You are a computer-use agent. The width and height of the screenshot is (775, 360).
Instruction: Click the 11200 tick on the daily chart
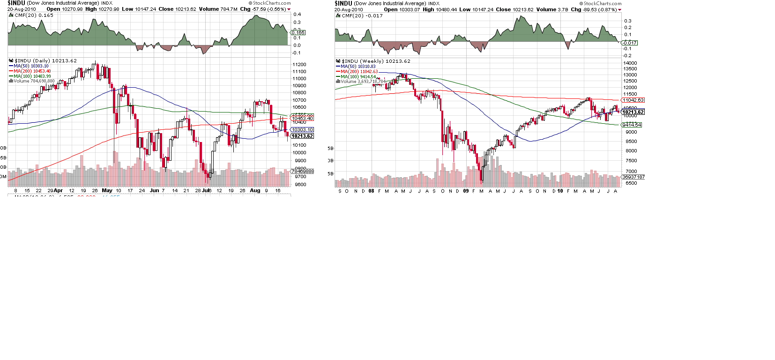click(x=299, y=65)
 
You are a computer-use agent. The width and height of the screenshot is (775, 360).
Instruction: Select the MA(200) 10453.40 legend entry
click(x=32, y=71)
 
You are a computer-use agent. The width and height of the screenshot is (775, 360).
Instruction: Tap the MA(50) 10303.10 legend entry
click(x=31, y=66)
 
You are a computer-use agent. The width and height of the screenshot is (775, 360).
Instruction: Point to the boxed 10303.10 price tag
click(x=302, y=130)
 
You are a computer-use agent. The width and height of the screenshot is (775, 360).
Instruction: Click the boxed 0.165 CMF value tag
click(x=298, y=33)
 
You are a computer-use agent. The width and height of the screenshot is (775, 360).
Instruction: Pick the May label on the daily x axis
click(x=107, y=191)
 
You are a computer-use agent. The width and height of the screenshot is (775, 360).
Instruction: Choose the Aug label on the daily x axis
click(x=255, y=191)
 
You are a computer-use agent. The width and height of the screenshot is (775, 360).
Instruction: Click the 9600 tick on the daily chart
click(x=300, y=185)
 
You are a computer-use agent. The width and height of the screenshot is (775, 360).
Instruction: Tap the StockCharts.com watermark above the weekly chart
click(x=602, y=3)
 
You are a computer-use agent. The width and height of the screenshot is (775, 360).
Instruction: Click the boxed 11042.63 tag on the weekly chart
click(x=633, y=100)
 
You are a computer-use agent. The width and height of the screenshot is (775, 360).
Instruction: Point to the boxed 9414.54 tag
click(x=632, y=125)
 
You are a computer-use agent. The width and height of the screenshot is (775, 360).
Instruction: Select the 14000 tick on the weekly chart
click(x=630, y=63)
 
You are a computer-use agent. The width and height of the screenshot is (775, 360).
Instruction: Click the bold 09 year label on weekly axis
click(x=466, y=191)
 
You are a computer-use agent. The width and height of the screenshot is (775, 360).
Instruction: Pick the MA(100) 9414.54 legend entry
click(x=358, y=77)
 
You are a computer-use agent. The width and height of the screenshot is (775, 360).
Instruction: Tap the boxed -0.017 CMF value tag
click(x=629, y=43)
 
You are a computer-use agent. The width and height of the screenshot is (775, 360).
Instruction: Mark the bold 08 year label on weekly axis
click(x=371, y=191)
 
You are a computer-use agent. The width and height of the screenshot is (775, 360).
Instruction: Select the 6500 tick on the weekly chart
click(x=631, y=183)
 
